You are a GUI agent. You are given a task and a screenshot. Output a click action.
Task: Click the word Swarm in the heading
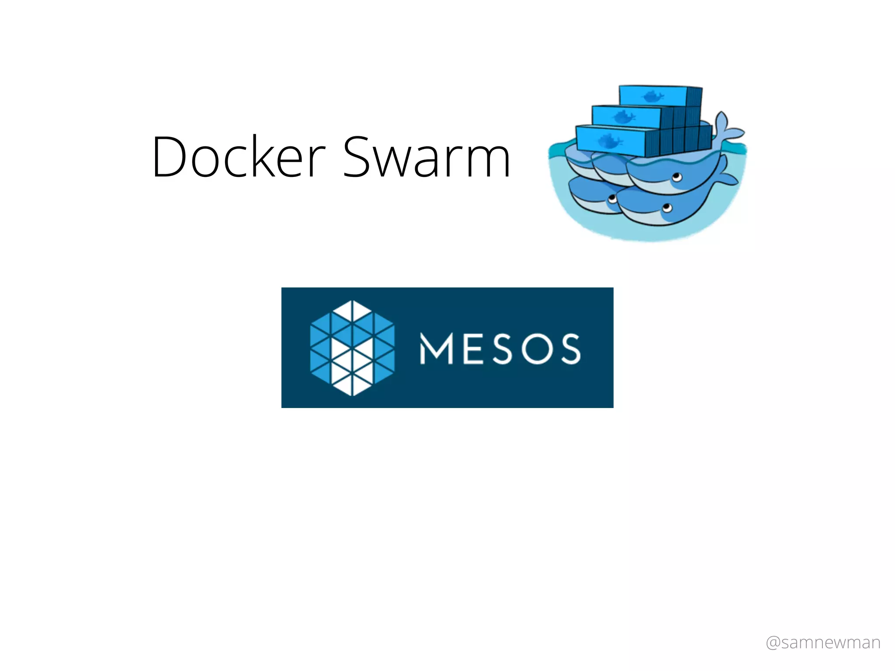click(x=427, y=157)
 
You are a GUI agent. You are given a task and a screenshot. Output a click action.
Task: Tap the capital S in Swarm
click(x=358, y=157)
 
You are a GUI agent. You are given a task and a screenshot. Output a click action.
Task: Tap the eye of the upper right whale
click(x=677, y=177)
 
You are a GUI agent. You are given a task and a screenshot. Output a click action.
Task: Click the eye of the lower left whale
click(x=612, y=199)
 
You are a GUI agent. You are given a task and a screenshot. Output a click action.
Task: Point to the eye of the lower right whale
click(x=667, y=208)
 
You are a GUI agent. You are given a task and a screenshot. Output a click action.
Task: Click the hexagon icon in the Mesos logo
click(x=352, y=348)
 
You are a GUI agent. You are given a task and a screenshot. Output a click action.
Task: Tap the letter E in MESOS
click(x=473, y=349)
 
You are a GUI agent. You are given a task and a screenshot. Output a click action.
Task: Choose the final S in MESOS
click(x=571, y=349)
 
